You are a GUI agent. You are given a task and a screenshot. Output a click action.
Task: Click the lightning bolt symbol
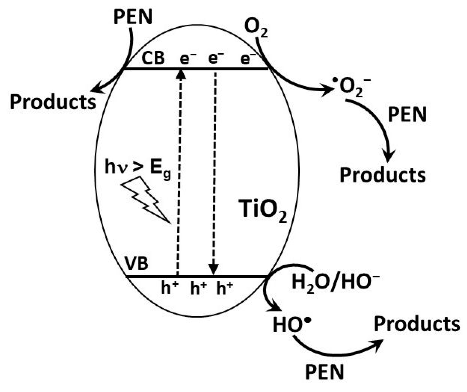[x=146, y=199]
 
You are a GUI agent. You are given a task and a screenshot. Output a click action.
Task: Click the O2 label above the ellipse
[x=256, y=29]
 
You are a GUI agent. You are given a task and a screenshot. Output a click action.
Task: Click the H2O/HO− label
[x=335, y=281]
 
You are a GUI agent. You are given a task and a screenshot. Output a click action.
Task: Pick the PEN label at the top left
[x=133, y=17]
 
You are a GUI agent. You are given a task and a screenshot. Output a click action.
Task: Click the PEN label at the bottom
[x=324, y=372]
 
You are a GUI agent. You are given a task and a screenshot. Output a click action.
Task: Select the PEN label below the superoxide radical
[x=407, y=114]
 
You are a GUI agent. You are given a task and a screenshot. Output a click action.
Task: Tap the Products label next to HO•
[x=417, y=324]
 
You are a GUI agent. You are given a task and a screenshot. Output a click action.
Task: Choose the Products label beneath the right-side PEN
[x=382, y=175]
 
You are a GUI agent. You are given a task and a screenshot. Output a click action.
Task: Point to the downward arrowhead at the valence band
[x=214, y=269]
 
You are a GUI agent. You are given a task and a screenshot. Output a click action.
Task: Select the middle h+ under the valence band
[x=198, y=288]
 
